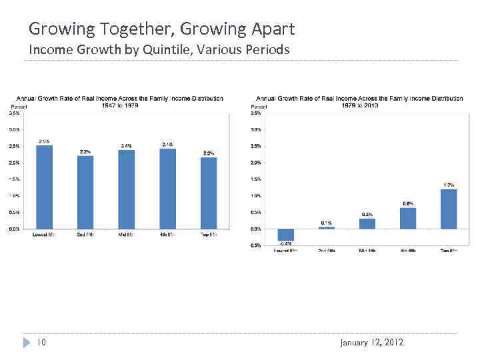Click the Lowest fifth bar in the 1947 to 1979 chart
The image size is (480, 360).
coord(44,187)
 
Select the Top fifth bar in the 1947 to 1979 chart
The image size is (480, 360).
coord(209,193)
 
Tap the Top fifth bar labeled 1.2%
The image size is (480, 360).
coord(449,209)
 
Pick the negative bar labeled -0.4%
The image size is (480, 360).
coord(285,235)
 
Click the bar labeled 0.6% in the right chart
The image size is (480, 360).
coord(408,218)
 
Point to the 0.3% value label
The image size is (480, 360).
coord(367,214)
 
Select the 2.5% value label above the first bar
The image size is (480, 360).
coord(44,141)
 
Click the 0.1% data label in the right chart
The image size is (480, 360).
coord(327,223)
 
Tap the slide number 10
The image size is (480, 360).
coord(41,343)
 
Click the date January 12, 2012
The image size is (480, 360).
coord(371,343)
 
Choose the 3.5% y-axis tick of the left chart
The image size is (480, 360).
coord(14,113)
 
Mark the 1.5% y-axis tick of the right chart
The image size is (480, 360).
coord(256,179)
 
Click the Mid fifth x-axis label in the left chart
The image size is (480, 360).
coord(126,235)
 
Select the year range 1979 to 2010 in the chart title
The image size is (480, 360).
coord(359,105)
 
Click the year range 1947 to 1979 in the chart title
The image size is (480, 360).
coord(120,105)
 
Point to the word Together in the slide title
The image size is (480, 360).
coord(127,29)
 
